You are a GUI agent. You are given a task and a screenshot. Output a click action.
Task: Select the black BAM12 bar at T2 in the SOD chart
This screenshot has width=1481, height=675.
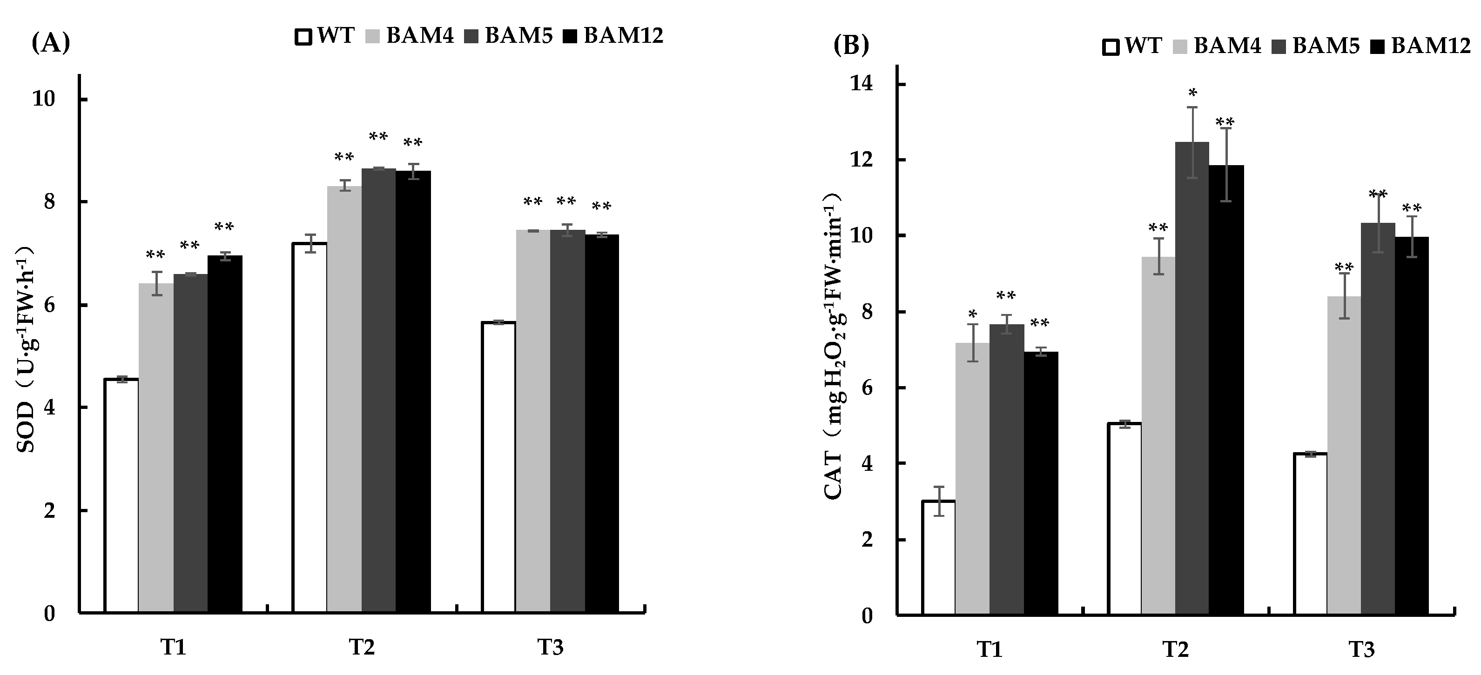tap(413, 391)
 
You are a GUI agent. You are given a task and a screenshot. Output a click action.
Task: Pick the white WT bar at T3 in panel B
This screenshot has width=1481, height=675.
tap(1310, 534)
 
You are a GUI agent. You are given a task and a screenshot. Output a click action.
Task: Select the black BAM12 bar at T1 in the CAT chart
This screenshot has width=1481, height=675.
tap(1041, 482)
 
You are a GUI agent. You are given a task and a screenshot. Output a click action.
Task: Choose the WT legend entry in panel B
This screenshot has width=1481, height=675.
tap(1131, 46)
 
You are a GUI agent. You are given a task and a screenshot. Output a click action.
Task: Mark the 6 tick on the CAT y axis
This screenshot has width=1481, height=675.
tap(867, 388)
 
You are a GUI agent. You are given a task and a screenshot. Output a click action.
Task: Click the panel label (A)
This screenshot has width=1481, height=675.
tap(51, 44)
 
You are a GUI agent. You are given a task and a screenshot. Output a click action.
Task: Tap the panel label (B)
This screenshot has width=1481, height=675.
tap(851, 46)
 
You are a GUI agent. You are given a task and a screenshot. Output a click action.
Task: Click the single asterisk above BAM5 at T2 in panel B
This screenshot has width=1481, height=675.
tap(1192, 92)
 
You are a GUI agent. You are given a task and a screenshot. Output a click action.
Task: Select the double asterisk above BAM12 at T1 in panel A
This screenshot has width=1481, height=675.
tap(224, 227)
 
